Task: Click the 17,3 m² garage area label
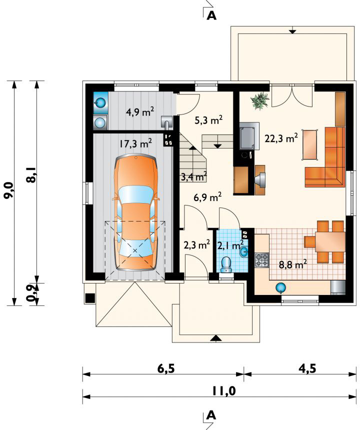click(x=135, y=143)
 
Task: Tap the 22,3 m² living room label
click(x=281, y=138)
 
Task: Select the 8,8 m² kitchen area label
click(x=293, y=264)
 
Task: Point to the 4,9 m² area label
click(x=140, y=111)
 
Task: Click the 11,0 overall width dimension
click(x=223, y=391)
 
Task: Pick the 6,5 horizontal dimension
click(x=166, y=369)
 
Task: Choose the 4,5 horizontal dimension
click(x=307, y=368)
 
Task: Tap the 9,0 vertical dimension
click(x=10, y=190)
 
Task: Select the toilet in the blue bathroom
click(x=226, y=265)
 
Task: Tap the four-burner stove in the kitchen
click(x=262, y=260)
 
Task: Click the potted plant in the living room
click(x=259, y=100)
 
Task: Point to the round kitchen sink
click(x=280, y=287)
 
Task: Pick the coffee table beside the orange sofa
click(x=310, y=144)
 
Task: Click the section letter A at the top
click(x=211, y=15)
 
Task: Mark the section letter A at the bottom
click(x=211, y=415)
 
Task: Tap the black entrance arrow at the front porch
click(x=216, y=338)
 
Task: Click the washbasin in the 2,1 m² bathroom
click(x=243, y=251)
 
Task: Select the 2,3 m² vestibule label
click(x=197, y=244)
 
